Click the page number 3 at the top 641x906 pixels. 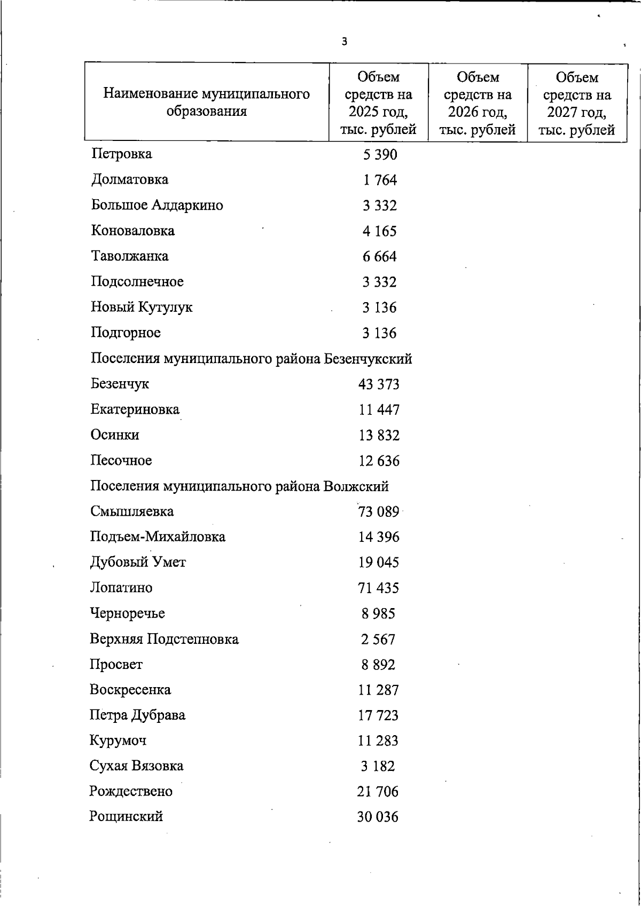point(345,42)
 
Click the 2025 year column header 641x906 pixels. point(378,103)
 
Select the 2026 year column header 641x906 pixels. point(478,103)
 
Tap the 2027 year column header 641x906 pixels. point(577,103)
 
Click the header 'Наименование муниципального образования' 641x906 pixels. point(206,103)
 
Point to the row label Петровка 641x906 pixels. point(122,154)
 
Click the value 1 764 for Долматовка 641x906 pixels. point(380,180)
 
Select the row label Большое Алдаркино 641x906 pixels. point(157,205)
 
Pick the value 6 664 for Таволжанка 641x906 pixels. point(379,257)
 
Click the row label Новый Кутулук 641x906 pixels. point(142,307)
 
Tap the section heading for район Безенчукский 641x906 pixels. point(251,358)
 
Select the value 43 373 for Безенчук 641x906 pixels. point(379,384)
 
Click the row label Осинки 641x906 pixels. point(115,435)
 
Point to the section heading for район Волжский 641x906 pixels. point(239,486)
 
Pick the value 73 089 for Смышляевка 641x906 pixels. point(379,511)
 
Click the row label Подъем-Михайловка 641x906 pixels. point(158,537)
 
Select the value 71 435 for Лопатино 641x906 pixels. point(378,588)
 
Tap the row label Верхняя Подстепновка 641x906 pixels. point(164,639)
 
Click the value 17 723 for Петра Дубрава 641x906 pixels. point(378,715)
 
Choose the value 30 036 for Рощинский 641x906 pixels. point(378,817)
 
